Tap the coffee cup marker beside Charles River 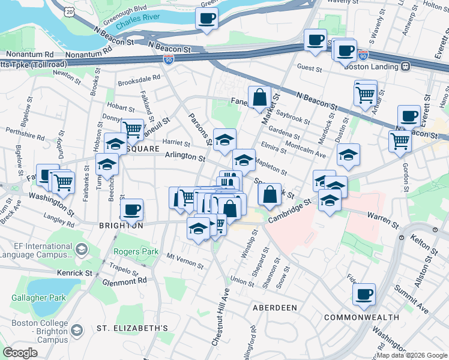point(207,19)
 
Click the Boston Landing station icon point(406,67)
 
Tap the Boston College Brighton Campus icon point(76,331)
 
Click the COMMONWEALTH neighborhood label point(361,317)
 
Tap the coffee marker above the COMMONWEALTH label point(364,294)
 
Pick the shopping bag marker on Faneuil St point(259,97)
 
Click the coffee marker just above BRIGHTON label point(132,210)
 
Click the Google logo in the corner point(20,353)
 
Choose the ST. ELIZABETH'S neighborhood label point(132,329)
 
